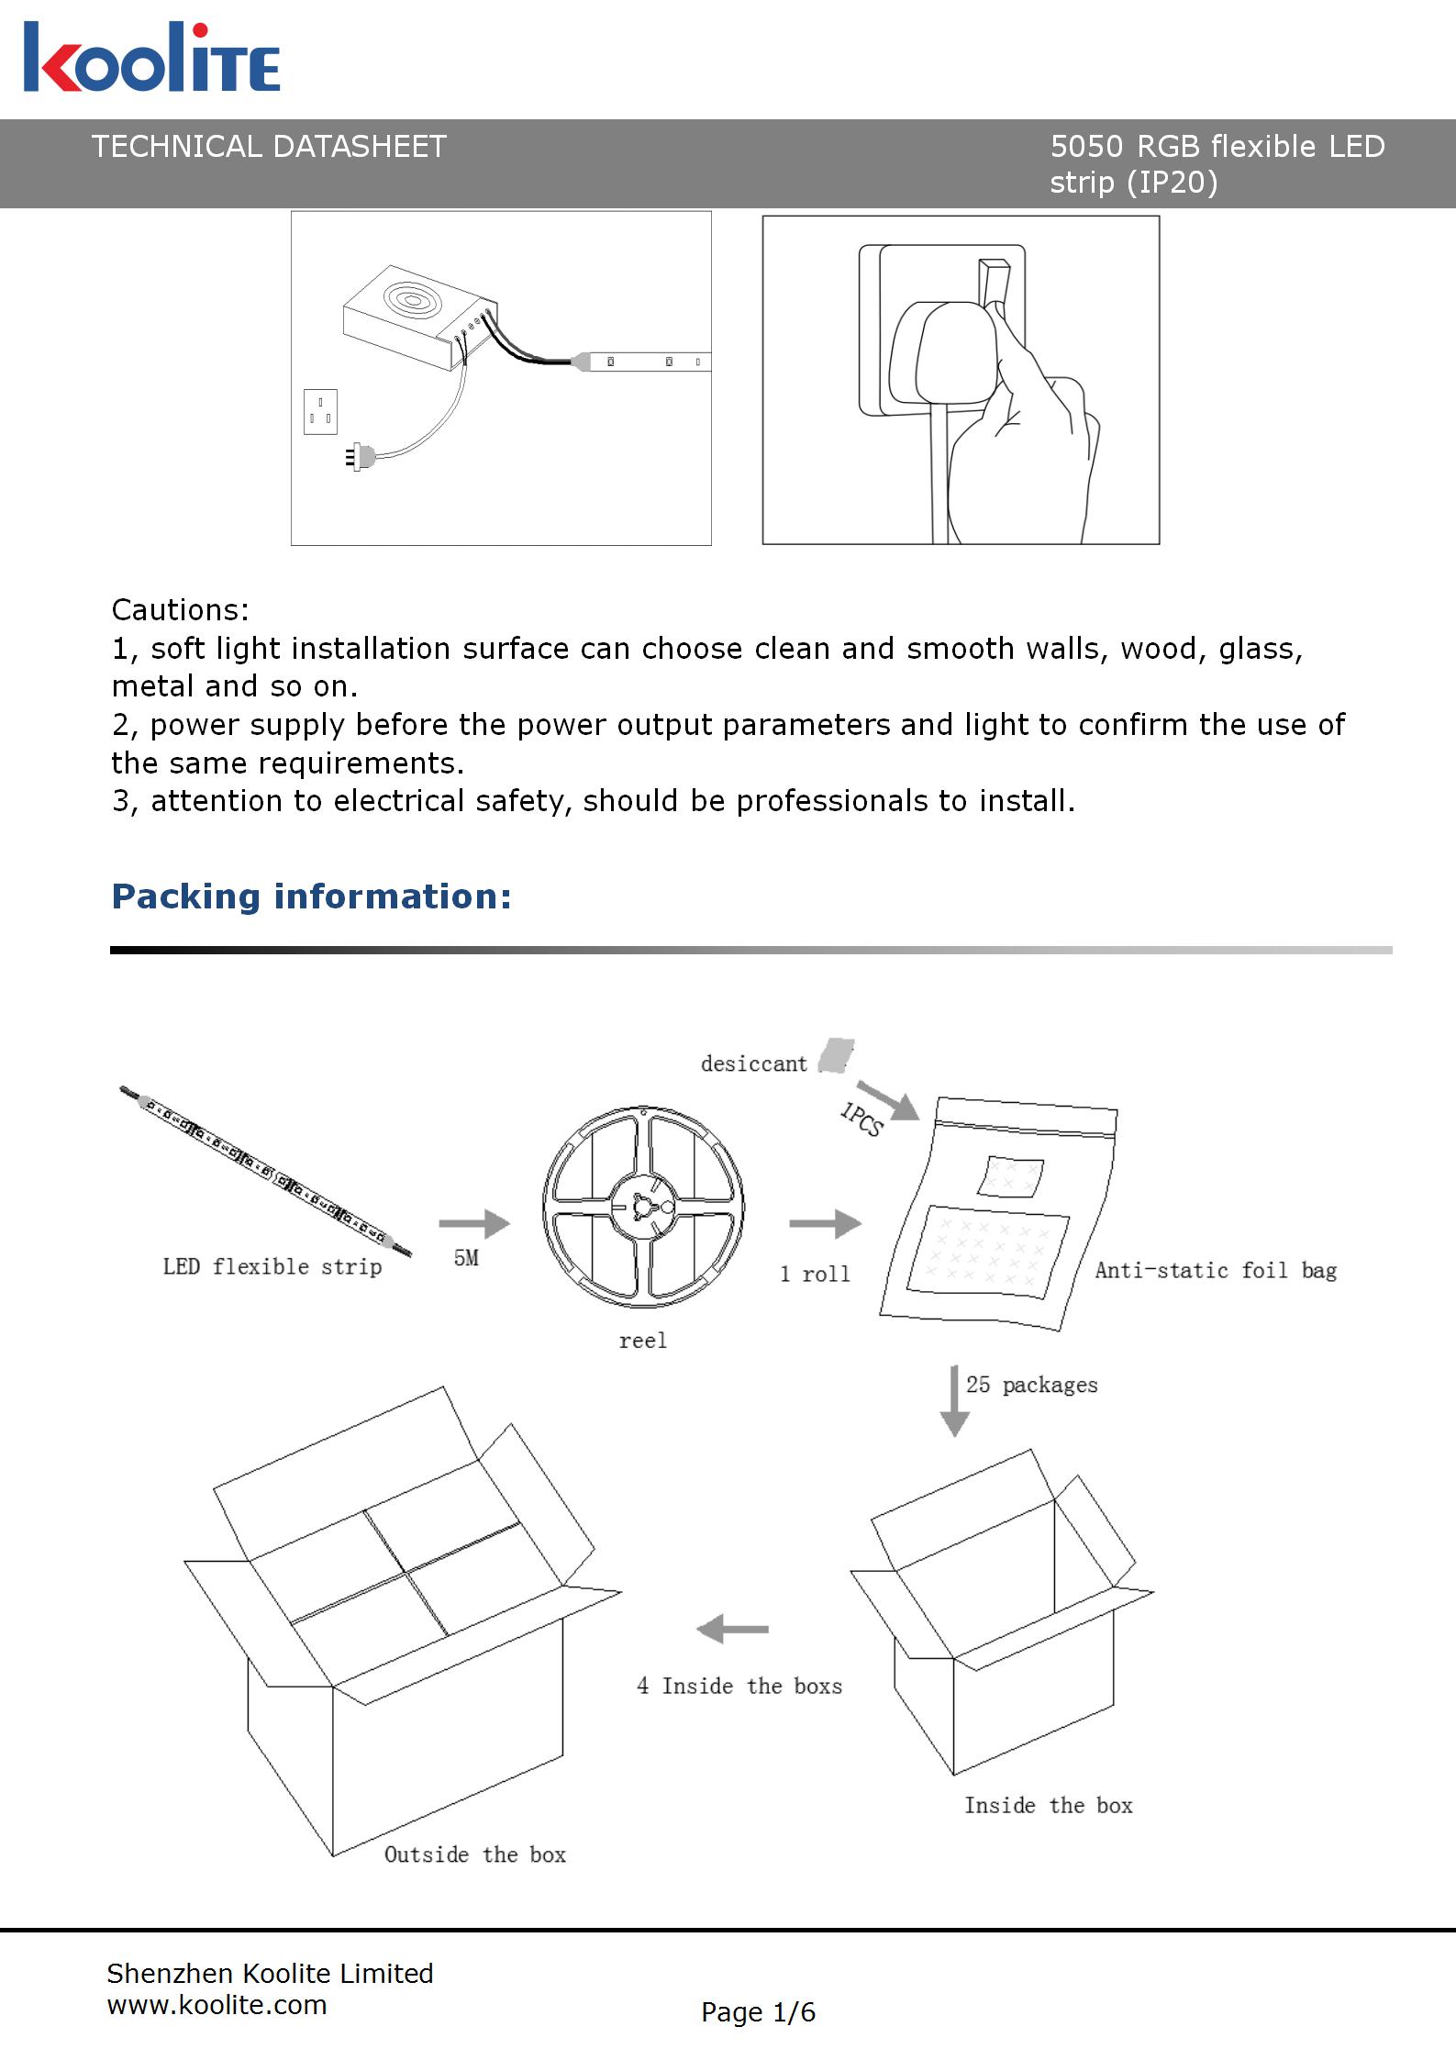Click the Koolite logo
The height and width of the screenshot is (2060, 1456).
click(151, 58)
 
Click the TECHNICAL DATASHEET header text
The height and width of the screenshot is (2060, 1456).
click(269, 147)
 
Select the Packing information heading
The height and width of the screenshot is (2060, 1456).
click(311, 896)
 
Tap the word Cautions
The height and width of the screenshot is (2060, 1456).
click(180, 610)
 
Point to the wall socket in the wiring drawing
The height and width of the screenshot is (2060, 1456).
click(320, 411)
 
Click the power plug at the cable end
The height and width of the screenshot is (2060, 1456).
click(361, 456)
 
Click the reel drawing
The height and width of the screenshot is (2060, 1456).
click(643, 1208)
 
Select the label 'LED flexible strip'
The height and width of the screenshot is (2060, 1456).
click(272, 1267)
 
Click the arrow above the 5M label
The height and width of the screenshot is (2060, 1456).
click(473, 1223)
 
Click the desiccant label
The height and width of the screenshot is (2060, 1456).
click(753, 1064)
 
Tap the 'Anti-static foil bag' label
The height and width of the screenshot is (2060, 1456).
click(1216, 1271)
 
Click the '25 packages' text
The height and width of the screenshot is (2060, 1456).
click(1031, 1385)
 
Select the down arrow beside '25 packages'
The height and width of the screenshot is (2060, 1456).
click(955, 1400)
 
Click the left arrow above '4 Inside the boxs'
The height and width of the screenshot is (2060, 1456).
click(732, 1630)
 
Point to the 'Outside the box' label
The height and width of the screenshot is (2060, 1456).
click(474, 1854)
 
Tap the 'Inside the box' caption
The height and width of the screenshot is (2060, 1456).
click(1048, 1806)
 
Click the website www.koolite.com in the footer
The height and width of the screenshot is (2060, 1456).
click(217, 2005)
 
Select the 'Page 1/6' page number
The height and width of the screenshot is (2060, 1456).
click(758, 2012)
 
